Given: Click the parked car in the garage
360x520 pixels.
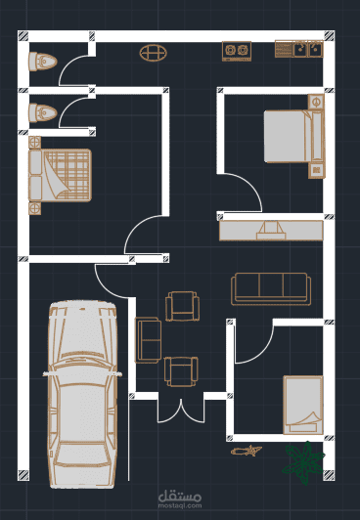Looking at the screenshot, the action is [x=82, y=394].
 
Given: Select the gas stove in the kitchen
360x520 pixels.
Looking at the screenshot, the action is [x=237, y=51].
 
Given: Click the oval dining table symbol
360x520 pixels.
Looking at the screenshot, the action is [x=153, y=53].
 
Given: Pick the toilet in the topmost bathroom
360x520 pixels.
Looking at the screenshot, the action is [x=42, y=62].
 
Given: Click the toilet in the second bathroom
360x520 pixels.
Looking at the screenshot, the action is [x=42, y=112].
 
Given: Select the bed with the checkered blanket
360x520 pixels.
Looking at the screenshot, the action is [x=60, y=175].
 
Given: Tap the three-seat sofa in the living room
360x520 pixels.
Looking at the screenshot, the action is [x=271, y=289].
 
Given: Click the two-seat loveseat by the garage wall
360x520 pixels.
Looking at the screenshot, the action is [x=148, y=340].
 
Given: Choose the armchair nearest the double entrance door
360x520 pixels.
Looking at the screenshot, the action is [x=181, y=371].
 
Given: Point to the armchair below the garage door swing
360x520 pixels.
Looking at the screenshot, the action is [x=183, y=306].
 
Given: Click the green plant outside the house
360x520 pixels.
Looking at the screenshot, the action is [x=303, y=463].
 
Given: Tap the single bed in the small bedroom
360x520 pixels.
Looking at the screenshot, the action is [x=303, y=405].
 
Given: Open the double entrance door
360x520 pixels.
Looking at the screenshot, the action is [x=181, y=411].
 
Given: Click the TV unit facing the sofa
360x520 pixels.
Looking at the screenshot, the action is [x=271, y=230].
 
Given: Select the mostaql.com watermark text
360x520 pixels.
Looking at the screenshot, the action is [x=180, y=505].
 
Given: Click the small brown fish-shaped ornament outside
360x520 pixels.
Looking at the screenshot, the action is [x=247, y=451].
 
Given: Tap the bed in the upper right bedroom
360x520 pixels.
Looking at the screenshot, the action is [x=294, y=136].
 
